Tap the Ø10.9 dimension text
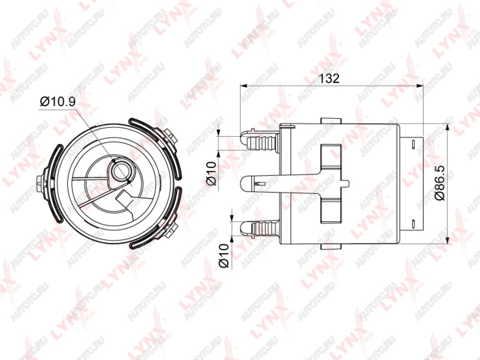(57, 101)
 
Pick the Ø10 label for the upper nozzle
(211, 173)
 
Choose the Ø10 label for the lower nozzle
(224, 255)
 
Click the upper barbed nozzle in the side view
(260, 141)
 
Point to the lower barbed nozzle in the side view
(260, 228)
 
